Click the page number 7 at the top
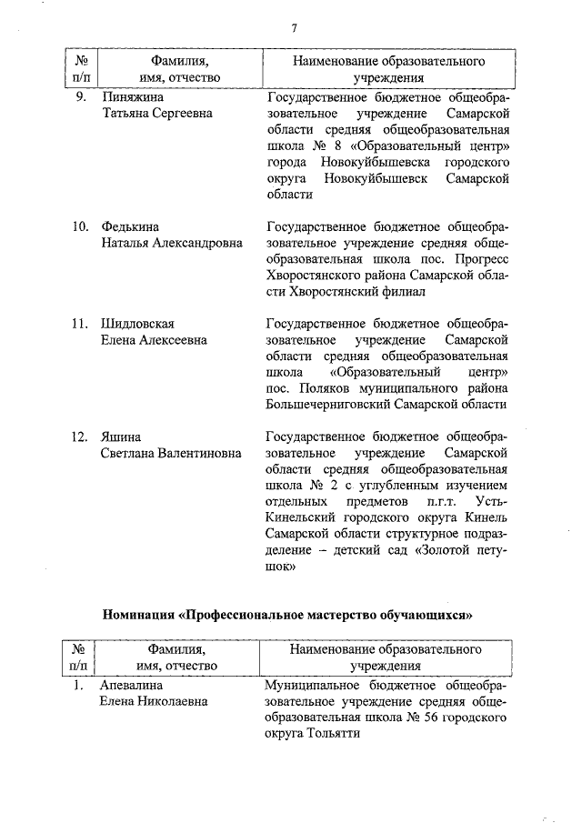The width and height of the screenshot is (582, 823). (x=295, y=27)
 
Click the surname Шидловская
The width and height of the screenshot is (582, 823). (x=137, y=324)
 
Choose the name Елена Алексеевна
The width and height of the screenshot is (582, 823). (x=154, y=340)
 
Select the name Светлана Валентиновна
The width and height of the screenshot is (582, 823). (x=171, y=454)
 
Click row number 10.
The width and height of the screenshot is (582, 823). (x=80, y=226)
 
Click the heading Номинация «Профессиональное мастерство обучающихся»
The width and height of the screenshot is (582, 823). (x=288, y=614)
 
